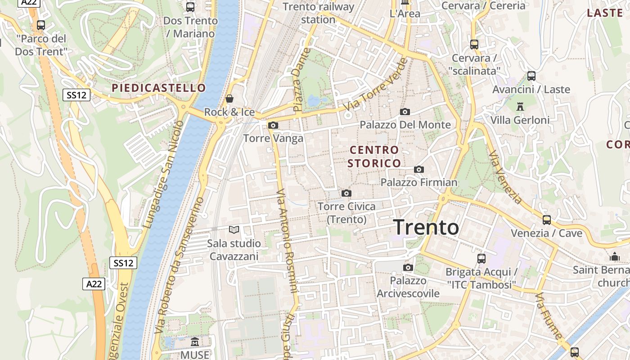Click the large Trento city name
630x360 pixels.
point(426,227)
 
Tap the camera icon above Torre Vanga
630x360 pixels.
point(273,126)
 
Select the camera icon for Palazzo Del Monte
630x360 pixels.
point(405,112)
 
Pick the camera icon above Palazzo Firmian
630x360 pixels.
point(419,169)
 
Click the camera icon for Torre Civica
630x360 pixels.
point(346,193)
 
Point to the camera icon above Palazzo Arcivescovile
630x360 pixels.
point(408,267)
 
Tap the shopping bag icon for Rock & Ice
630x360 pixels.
point(229,98)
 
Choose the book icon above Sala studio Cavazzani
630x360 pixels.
point(234,230)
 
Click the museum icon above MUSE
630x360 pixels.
point(195,342)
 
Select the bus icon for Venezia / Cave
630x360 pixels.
point(547,220)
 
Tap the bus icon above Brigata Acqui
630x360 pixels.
point(481,258)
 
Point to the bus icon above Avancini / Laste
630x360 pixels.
point(531,76)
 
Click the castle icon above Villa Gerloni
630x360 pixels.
point(520,106)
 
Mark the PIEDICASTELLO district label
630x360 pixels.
point(158,88)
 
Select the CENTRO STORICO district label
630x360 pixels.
point(374,156)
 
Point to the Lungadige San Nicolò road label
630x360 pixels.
point(162,173)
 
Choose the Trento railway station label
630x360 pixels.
point(319,13)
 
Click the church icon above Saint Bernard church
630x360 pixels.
point(614,256)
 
